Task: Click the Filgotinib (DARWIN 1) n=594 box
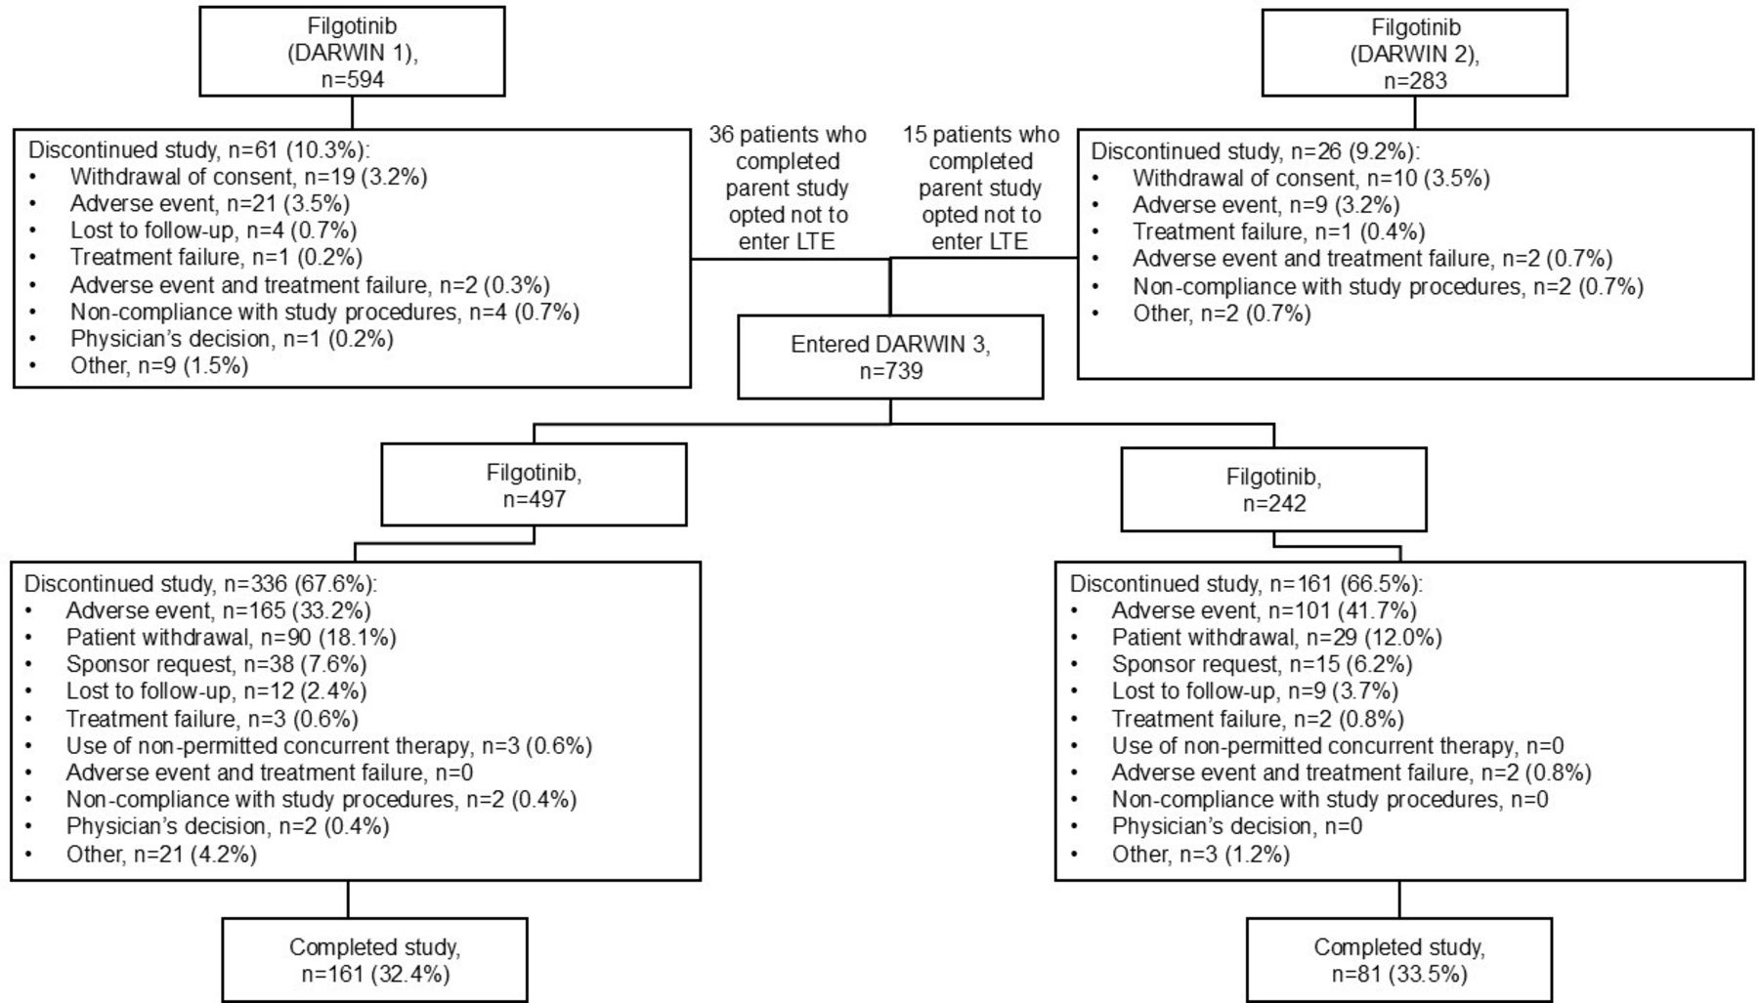352,53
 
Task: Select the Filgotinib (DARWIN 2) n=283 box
1414,54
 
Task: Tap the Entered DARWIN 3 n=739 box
890,356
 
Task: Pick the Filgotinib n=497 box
534,485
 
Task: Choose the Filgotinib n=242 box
1273,489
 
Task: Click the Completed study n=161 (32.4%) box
374,960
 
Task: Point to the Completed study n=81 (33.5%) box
1398,960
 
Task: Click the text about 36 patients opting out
787,188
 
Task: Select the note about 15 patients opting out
980,188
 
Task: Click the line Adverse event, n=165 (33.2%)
218,611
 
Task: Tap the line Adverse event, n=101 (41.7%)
1264,611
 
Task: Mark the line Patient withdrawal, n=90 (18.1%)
231,638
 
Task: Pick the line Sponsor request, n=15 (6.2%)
1262,664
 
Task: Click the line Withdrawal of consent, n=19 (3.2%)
248,177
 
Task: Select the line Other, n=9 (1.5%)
159,365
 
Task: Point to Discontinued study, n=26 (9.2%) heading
1255,151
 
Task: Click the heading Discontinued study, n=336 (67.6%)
200,584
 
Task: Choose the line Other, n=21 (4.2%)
161,855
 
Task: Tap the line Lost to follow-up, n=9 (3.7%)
1255,691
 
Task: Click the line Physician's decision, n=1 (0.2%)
232,339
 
